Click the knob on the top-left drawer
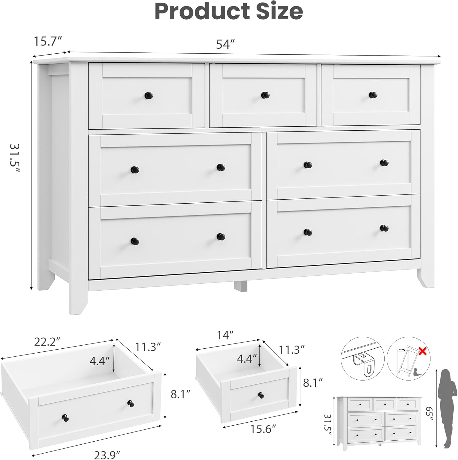[149, 95]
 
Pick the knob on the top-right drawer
[373, 95]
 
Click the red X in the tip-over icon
[422, 351]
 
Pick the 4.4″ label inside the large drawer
[100, 361]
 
